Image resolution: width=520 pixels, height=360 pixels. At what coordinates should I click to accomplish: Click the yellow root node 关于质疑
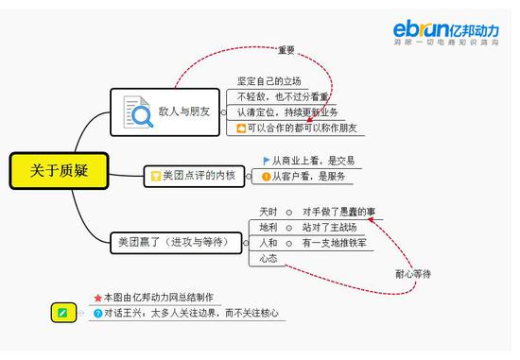pos(57,170)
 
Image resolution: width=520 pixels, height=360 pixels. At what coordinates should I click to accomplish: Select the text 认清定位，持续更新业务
pos(287,111)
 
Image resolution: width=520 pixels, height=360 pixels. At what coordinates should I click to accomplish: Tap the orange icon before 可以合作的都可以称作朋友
pos(242,128)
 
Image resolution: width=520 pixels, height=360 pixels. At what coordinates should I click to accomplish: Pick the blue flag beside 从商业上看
pos(266,160)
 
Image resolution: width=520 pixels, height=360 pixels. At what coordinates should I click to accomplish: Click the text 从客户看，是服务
pos(307,176)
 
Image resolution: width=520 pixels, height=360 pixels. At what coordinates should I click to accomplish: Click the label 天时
pos(268,211)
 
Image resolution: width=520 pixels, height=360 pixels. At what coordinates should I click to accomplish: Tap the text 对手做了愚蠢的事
pos(338,211)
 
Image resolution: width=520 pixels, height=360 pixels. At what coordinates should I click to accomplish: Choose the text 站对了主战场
pos(329,227)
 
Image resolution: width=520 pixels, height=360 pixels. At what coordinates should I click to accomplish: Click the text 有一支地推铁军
pos(334,243)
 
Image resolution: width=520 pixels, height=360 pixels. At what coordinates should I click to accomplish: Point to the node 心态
pos(269,258)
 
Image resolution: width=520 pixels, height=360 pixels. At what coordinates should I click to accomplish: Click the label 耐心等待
pos(412,273)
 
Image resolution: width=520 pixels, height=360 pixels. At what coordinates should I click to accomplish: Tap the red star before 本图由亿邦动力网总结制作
pos(97,297)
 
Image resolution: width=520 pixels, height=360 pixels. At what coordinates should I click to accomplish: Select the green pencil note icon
pos(62,312)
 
